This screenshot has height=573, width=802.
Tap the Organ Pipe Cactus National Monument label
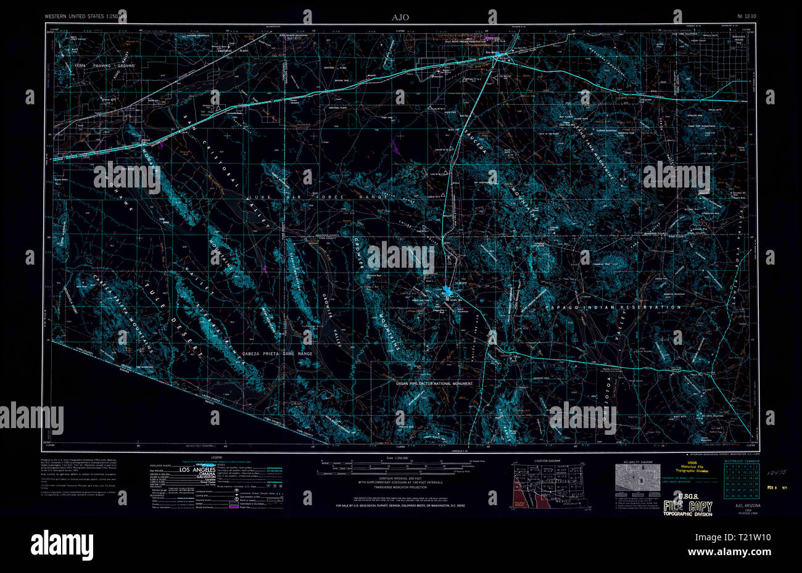[x=434, y=384]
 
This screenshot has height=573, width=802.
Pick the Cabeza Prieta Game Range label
[x=276, y=353]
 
